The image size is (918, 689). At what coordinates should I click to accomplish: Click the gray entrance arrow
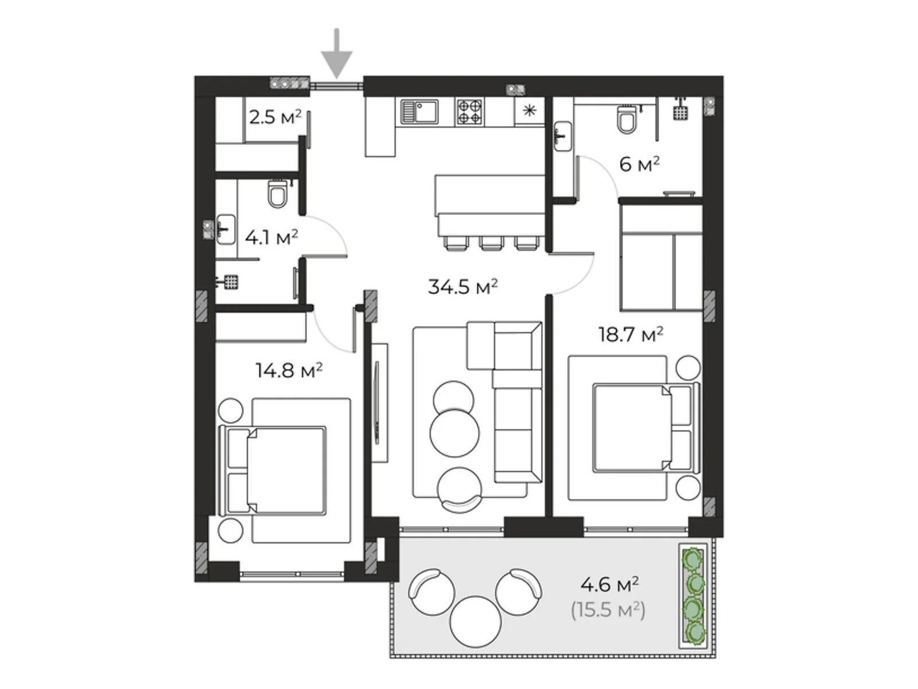click(337, 53)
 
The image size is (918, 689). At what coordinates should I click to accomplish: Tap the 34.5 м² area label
click(462, 287)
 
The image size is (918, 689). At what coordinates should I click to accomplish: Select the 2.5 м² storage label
click(275, 117)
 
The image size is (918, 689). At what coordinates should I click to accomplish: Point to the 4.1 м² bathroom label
click(271, 237)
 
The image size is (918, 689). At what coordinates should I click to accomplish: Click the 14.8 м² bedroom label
click(289, 370)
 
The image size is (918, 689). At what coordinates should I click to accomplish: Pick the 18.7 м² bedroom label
click(631, 334)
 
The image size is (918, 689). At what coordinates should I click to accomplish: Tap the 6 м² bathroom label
click(640, 164)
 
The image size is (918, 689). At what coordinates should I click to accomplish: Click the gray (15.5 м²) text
click(608, 610)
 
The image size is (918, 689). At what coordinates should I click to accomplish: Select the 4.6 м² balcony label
click(609, 584)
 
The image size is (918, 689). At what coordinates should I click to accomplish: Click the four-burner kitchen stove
click(469, 112)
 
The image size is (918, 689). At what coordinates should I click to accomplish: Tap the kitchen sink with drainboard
click(419, 112)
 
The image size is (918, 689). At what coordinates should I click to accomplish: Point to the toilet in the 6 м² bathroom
click(627, 119)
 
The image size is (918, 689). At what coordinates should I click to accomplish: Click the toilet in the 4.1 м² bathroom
click(278, 193)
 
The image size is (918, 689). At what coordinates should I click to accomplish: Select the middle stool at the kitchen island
click(491, 243)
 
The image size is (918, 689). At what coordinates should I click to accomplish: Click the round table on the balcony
click(476, 621)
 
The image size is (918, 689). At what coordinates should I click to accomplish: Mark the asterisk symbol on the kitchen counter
click(530, 111)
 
